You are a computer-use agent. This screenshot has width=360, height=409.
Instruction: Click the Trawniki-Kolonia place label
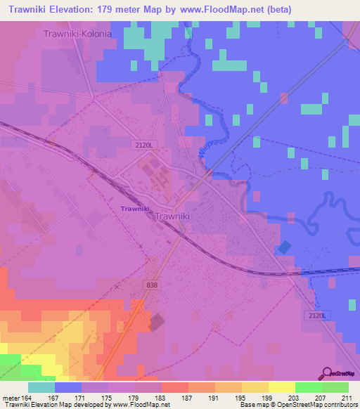pyautogui.click(x=77, y=34)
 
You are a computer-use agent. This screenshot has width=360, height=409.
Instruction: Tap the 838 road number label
pyautogui.click(x=153, y=284)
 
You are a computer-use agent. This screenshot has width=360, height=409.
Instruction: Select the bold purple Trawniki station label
pyautogui.click(x=134, y=209)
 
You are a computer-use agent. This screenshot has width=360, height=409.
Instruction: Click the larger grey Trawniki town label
pyautogui.click(x=172, y=218)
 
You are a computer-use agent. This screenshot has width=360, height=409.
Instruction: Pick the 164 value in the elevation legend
pyautogui.click(x=28, y=397)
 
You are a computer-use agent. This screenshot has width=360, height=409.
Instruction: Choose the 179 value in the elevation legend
pyautogui.click(x=134, y=397)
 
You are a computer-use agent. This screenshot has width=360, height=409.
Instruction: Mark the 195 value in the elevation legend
pyautogui.click(x=241, y=397)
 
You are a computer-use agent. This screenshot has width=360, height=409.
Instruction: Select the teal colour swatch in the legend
pyautogui.click(x=41, y=387)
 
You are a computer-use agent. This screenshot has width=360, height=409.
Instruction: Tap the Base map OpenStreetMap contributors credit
pyautogui.click(x=297, y=405)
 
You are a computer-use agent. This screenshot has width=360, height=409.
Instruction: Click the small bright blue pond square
pyautogui.click(x=284, y=247)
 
